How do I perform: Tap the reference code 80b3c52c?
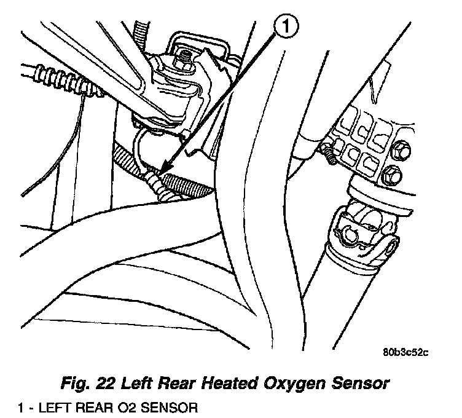point(405,353)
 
